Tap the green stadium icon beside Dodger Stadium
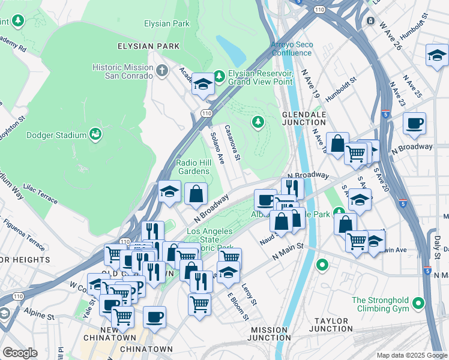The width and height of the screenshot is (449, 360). point(95,134)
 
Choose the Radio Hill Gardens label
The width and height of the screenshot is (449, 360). point(193,167)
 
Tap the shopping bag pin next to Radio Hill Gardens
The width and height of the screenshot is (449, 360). point(196,194)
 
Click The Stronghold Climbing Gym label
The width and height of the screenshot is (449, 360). point(379,304)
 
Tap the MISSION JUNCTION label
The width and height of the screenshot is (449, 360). point(270,334)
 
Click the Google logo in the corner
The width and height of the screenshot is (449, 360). point(20,353)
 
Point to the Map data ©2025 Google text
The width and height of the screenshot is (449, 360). point(411,355)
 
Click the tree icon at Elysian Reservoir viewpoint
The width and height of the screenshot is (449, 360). point(219,76)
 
